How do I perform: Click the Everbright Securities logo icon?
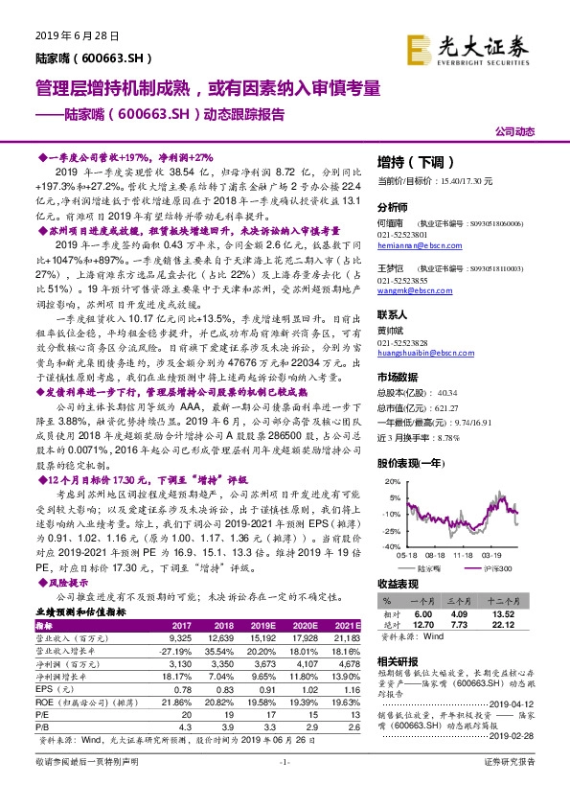pyautogui.click(x=419, y=46)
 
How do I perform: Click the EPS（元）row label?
pyautogui.click(x=58, y=715)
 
